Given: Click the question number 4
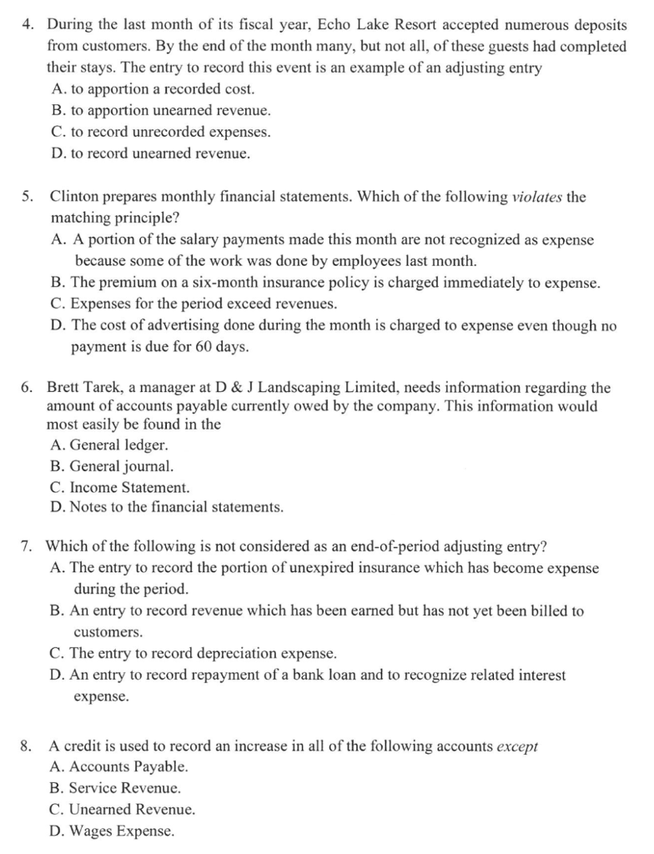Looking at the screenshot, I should (x=26, y=25).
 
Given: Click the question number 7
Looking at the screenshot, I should (x=26, y=547).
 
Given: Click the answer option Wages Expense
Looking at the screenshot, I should (x=113, y=831).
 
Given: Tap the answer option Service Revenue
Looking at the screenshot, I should (x=114, y=788).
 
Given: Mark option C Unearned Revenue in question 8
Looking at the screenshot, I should (x=123, y=809).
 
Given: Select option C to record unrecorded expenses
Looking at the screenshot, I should (x=159, y=132).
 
